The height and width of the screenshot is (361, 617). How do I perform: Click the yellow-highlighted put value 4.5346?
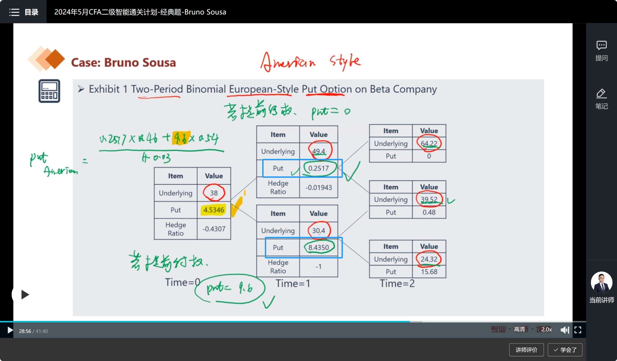pos(214,210)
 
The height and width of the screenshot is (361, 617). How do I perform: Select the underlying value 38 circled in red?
pos(214,193)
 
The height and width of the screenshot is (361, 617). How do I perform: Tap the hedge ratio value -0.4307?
pos(214,229)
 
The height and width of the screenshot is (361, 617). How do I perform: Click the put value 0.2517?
pos(318,168)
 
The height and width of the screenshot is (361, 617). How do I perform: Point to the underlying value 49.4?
pos(318,151)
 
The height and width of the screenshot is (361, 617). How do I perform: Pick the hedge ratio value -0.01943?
pos(318,188)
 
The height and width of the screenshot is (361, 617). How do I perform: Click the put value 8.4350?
pos(318,247)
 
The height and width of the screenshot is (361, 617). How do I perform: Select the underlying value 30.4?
pos(318,231)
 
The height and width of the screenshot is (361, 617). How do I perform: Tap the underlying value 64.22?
pos(429,143)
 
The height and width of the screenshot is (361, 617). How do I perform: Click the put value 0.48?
pos(429,212)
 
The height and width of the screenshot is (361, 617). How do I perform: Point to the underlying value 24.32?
pos(429,259)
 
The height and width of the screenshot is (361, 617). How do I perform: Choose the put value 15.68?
pos(429,272)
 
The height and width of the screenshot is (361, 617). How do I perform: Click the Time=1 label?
pos(293,283)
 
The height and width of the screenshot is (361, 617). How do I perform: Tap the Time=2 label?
pos(397,283)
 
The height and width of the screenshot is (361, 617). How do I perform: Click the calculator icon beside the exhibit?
pos(49,91)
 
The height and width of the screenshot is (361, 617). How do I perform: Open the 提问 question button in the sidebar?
pos(601,50)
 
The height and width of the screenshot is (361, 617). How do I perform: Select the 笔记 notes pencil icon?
pos(601,94)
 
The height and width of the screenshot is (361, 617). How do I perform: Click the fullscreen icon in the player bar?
pos(578,330)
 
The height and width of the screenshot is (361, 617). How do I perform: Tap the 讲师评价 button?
pos(526,350)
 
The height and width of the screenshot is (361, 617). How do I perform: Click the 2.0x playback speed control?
pos(546,330)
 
